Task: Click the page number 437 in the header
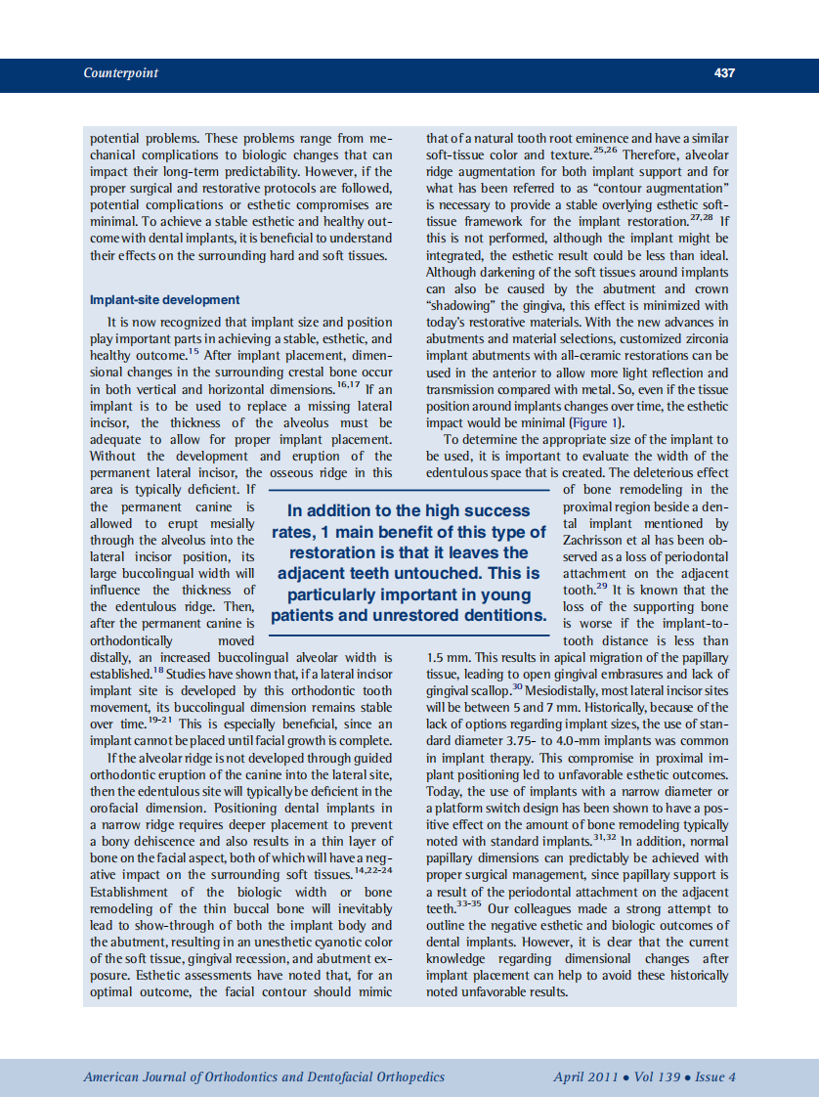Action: (724, 73)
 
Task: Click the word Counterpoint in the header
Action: (121, 73)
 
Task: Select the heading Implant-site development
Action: (164, 299)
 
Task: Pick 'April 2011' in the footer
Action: (585, 1077)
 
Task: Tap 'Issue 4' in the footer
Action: (716, 1077)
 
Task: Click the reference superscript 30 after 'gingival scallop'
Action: (518, 686)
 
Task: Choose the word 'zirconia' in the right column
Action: (704, 338)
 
